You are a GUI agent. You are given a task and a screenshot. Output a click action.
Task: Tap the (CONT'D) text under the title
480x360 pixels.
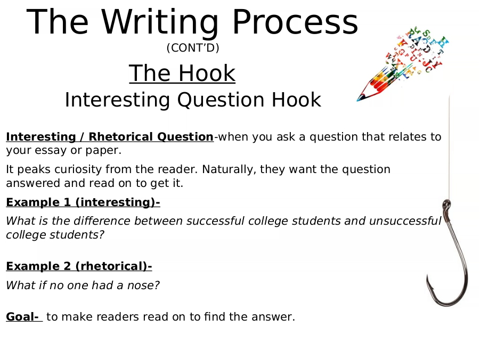193,48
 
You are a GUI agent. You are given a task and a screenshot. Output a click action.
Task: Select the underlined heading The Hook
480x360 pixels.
182,73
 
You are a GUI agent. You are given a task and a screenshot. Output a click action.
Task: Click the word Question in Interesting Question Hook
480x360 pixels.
221,100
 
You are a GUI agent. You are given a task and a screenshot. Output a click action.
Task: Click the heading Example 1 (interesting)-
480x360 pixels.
83,203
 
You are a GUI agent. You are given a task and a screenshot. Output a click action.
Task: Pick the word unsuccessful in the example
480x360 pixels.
405,220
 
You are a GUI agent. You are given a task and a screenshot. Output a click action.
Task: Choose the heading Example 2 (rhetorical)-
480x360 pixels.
79,266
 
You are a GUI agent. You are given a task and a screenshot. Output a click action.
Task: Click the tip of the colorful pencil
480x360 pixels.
357,100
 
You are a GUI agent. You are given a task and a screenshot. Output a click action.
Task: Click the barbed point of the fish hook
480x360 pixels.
428,276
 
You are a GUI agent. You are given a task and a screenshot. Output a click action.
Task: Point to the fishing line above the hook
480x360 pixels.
449,148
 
